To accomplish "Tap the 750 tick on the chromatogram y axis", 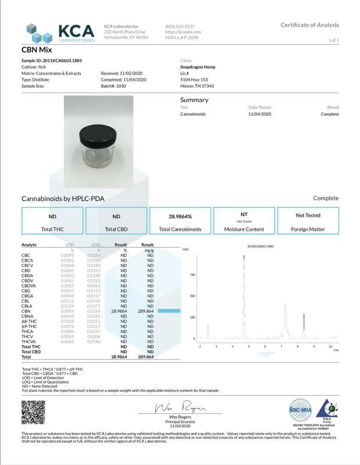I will click(x=192, y=274).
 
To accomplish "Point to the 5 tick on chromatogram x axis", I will click(x=249, y=346).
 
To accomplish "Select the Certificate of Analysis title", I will click(x=309, y=25).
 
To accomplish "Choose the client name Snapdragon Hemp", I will click(x=198, y=67).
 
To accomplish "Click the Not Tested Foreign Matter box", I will click(x=309, y=221).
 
